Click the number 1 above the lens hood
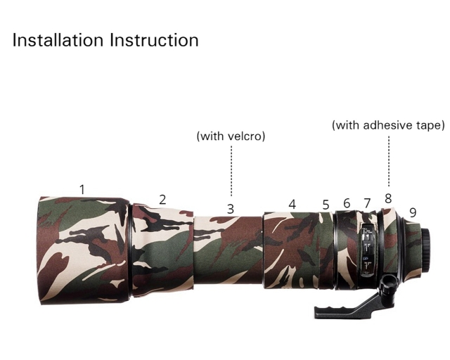[x=82, y=189]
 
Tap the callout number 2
[x=162, y=200]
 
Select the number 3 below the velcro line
[x=230, y=209]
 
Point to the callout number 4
[x=292, y=205]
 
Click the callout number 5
[x=326, y=205]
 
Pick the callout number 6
[x=347, y=203]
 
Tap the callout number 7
[x=367, y=203]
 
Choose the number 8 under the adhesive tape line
[x=388, y=199]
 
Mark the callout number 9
[x=413, y=212]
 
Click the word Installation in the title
[x=57, y=40]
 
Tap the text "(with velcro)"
[x=231, y=136]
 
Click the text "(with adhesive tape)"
[x=388, y=126]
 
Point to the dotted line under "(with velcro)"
[x=231, y=169]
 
